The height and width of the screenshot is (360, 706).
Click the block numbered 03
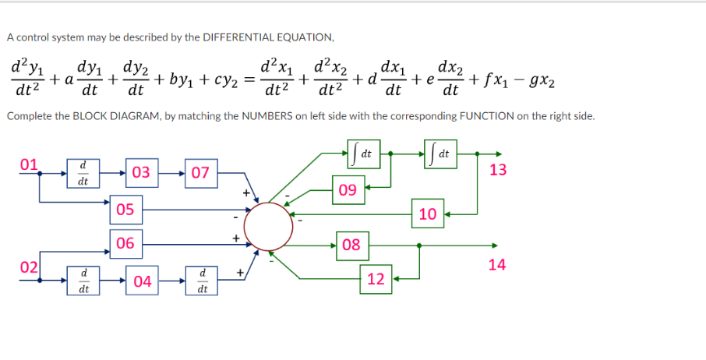tap(141, 172)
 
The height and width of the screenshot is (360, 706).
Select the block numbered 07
tap(200, 172)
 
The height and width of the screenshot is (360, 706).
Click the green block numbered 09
tap(348, 189)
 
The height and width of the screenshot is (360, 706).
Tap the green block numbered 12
tap(376, 278)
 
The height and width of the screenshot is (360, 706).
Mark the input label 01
tap(30, 164)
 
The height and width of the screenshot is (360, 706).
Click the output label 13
tap(499, 170)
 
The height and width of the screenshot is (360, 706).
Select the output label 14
tap(497, 265)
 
